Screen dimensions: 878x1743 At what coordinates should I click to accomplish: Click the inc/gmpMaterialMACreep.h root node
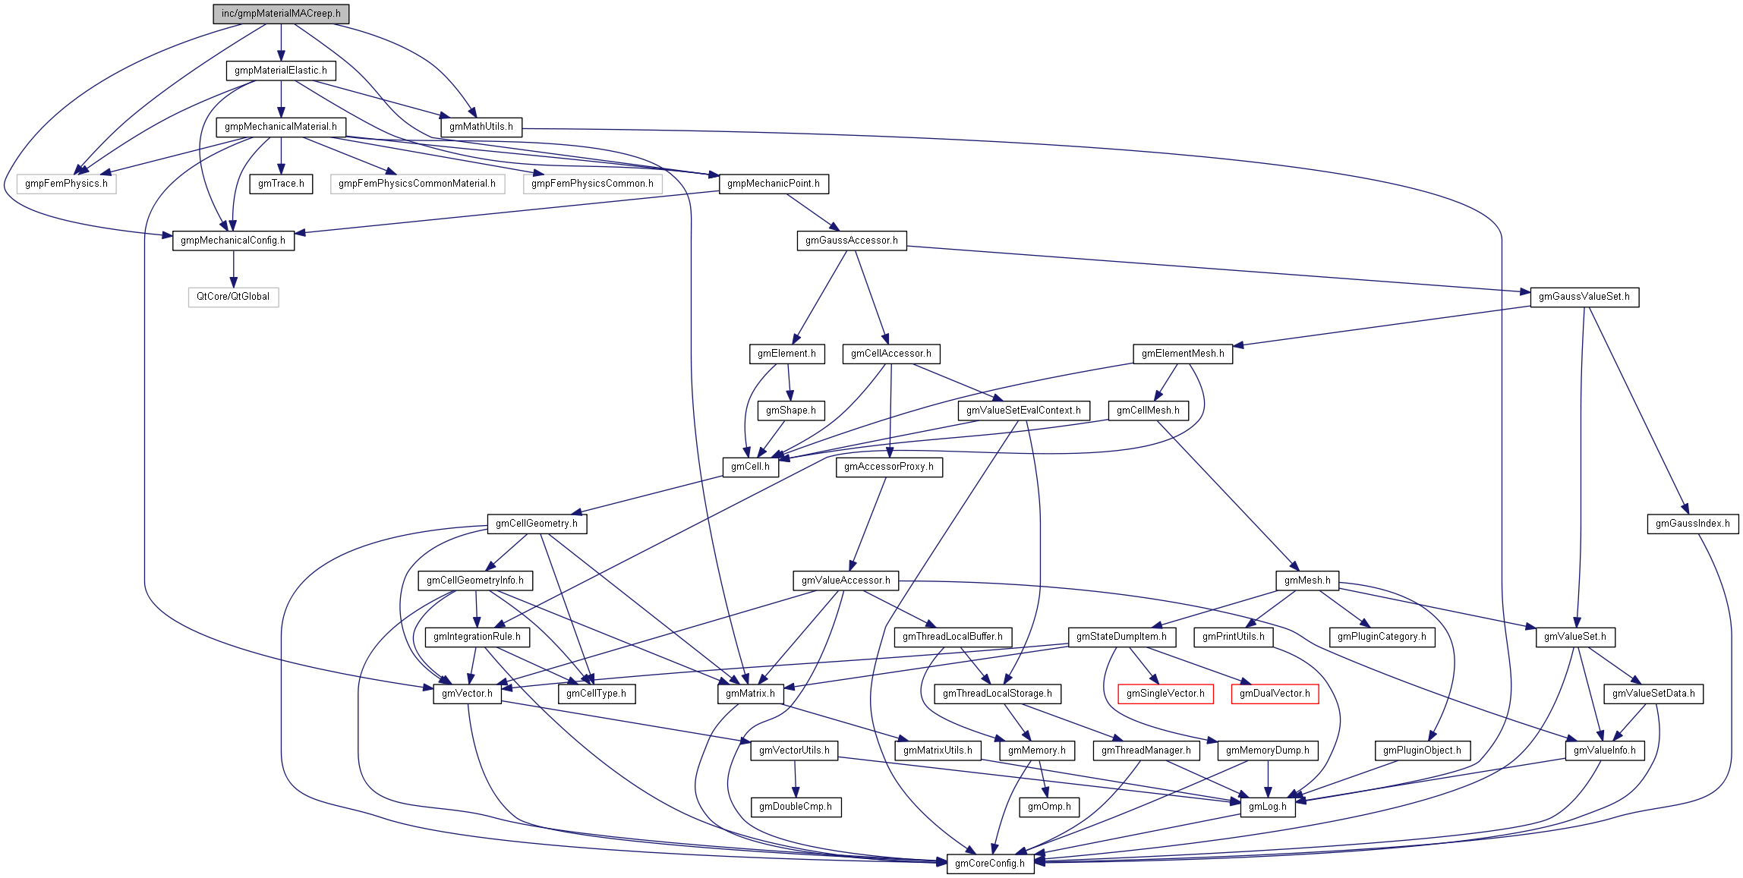click(281, 14)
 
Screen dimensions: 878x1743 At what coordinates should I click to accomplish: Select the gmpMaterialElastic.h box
click(281, 71)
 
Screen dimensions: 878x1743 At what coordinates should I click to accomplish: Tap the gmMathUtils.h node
click(481, 127)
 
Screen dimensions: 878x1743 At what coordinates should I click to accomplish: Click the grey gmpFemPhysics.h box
click(66, 184)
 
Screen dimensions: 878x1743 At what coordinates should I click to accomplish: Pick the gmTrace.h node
click(281, 184)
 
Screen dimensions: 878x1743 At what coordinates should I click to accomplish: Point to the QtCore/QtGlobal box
click(233, 297)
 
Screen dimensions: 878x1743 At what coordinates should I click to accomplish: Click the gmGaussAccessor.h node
click(851, 241)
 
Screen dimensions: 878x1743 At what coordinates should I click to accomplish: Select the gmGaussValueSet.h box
click(1584, 297)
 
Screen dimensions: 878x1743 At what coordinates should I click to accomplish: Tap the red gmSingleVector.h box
click(1165, 694)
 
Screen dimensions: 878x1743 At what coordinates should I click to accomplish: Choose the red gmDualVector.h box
click(1275, 694)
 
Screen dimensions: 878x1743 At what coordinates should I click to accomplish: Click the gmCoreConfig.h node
click(990, 864)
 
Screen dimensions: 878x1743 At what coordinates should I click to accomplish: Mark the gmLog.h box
click(1268, 807)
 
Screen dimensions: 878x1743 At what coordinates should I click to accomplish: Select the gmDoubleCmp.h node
click(796, 807)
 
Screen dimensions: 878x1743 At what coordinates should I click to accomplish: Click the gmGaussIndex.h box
click(1693, 524)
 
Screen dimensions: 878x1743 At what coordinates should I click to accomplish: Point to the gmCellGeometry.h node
click(537, 524)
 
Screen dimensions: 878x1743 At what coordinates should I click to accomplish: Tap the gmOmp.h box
click(1049, 807)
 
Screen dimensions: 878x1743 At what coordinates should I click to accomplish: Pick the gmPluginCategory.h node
click(1382, 637)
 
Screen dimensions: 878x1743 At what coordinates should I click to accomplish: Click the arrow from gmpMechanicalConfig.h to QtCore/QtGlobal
click(233, 269)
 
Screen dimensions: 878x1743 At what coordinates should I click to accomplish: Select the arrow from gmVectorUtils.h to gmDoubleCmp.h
click(796, 779)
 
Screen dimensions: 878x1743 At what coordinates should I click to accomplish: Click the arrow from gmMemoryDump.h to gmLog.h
click(1268, 779)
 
